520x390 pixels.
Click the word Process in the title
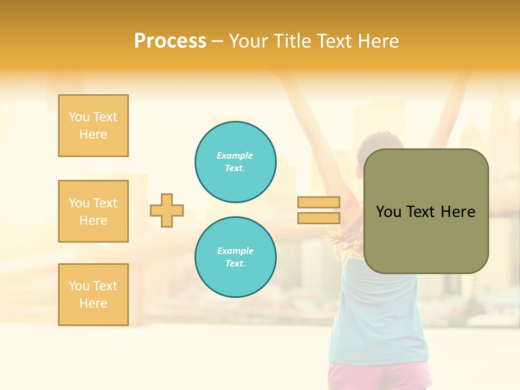click(x=170, y=41)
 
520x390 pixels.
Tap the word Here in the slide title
click(x=378, y=41)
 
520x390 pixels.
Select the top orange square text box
click(x=93, y=126)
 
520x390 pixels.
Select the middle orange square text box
click(x=93, y=211)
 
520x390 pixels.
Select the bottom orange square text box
click(x=93, y=295)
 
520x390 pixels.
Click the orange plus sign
click(x=167, y=210)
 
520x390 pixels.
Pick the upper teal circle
click(x=236, y=162)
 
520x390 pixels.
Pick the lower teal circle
click(x=236, y=257)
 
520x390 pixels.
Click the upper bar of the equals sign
click(x=318, y=202)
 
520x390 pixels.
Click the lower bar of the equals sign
click(x=318, y=218)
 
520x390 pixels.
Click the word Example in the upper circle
click(x=235, y=155)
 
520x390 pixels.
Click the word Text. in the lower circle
click(x=235, y=264)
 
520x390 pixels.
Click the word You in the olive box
click(x=388, y=212)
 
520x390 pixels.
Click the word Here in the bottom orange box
click(x=93, y=303)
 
